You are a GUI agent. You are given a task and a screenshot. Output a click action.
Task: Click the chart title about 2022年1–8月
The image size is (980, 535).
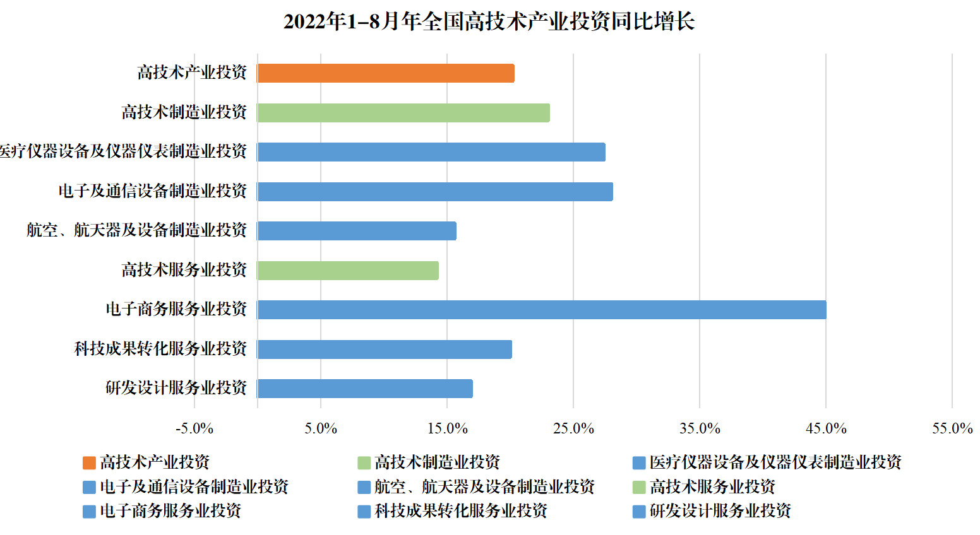click(x=489, y=21)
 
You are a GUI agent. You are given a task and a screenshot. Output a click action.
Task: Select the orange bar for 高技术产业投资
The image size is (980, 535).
click(x=386, y=73)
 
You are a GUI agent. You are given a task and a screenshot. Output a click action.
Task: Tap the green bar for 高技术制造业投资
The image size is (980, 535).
click(x=403, y=113)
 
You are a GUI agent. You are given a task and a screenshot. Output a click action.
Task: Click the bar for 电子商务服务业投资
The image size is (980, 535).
click(x=542, y=310)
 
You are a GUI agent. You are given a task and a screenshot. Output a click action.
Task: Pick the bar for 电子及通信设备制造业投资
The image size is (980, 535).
click(x=435, y=192)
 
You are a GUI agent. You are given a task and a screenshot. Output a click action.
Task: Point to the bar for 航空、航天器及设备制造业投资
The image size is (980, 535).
click(x=357, y=231)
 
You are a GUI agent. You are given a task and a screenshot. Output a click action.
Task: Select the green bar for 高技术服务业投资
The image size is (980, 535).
click(x=348, y=271)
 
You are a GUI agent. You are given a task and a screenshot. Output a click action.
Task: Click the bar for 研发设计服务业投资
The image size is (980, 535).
click(x=365, y=389)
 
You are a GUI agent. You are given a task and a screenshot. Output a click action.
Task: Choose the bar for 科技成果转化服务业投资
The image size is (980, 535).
click(x=385, y=350)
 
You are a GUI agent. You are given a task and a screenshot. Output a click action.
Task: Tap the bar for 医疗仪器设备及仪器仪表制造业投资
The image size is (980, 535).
click(x=431, y=152)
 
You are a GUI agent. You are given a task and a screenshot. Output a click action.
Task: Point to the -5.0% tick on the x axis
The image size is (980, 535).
click(x=194, y=429)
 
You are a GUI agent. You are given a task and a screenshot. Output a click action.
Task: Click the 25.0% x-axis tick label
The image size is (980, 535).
click(x=573, y=429)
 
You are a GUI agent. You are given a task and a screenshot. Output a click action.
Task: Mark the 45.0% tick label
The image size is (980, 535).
click(x=826, y=429)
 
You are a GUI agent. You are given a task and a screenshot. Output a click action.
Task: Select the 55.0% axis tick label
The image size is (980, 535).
click(x=952, y=429)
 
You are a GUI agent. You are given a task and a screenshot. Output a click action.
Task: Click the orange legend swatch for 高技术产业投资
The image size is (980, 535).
click(x=89, y=463)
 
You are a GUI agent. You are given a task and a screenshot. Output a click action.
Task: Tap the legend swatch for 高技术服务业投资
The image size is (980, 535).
click(x=639, y=487)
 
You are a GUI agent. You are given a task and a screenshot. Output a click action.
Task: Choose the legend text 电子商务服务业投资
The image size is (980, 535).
click(x=170, y=511)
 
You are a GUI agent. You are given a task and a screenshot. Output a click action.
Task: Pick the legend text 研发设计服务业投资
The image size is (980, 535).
click(x=720, y=511)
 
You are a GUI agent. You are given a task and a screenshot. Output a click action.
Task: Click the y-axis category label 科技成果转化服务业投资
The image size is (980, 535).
click(x=160, y=349)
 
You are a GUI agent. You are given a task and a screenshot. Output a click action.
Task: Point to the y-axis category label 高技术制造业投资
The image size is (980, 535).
click(x=184, y=112)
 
